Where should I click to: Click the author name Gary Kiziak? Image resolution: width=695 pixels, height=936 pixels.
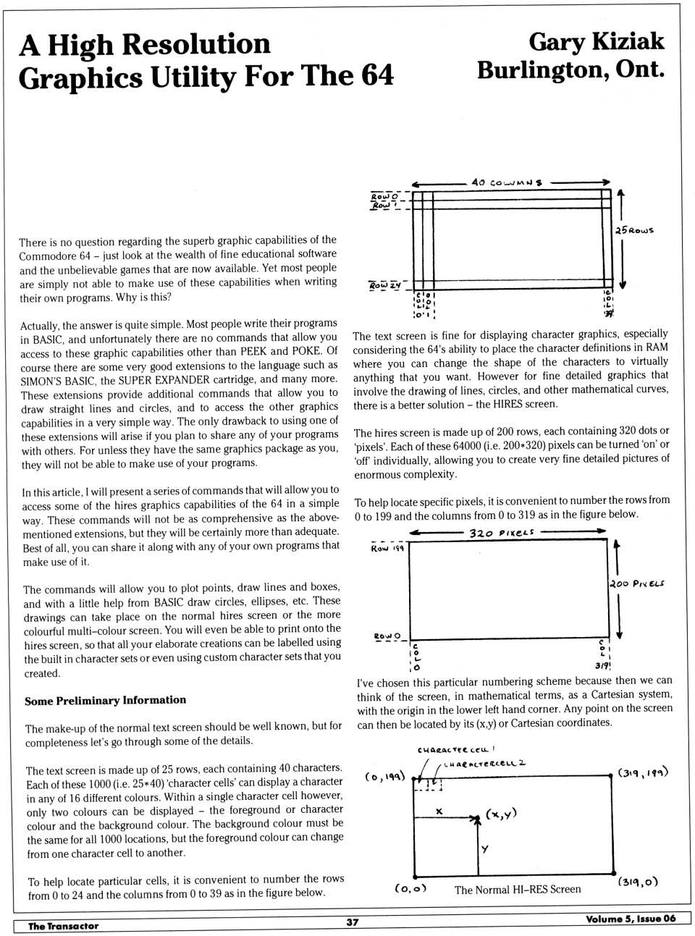(596, 42)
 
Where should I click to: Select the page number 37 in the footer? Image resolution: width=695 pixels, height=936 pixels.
(352, 922)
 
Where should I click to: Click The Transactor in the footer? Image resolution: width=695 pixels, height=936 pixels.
(63, 926)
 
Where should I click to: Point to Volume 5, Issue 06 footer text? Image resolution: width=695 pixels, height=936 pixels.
(631, 919)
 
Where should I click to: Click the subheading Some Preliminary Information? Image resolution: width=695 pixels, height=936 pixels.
(105, 700)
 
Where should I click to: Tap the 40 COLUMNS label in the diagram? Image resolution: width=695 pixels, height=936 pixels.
(506, 182)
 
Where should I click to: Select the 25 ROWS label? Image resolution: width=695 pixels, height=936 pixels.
(634, 230)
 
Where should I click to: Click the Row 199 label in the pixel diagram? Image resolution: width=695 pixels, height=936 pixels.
(387, 549)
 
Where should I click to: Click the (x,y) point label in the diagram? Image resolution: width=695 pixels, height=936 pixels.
(501, 814)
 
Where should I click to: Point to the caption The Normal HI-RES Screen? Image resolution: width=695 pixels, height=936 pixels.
(518, 889)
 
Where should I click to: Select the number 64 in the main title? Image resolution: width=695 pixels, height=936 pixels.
(376, 76)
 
